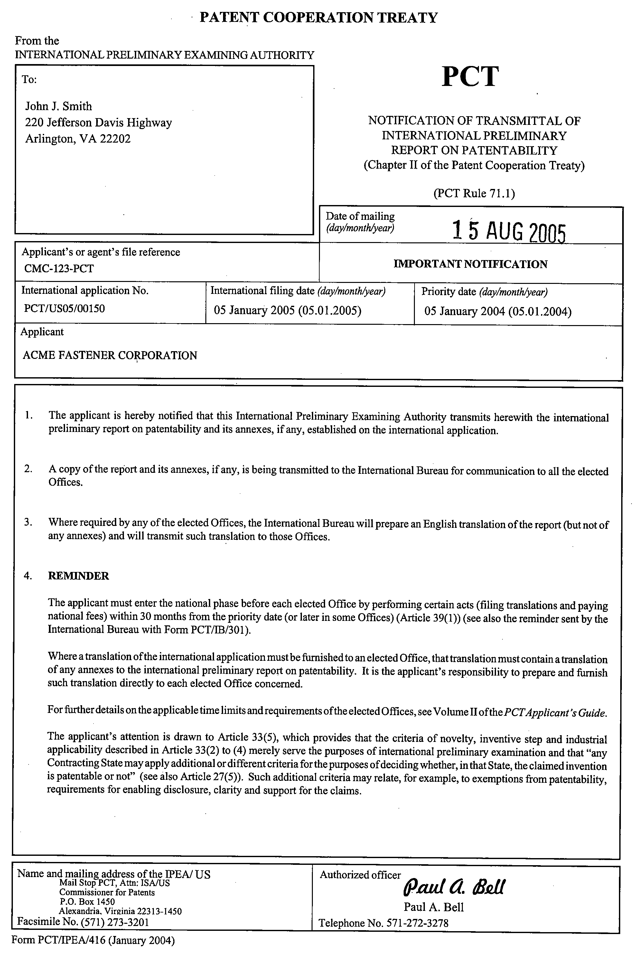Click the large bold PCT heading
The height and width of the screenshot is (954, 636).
click(x=470, y=77)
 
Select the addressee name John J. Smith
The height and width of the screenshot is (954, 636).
click(x=59, y=106)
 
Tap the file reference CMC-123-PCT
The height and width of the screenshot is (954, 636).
click(x=59, y=268)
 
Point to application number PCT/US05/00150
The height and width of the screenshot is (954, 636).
click(x=64, y=309)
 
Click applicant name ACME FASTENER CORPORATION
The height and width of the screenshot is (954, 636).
click(x=110, y=355)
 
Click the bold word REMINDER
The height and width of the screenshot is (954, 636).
click(x=79, y=576)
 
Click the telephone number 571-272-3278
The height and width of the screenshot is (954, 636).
click(x=417, y=923)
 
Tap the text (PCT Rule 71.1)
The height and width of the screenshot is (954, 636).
click(x=474, y=193)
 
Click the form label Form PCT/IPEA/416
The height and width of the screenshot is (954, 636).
click(x=93, y=940)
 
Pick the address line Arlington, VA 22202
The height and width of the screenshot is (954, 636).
click(x=78, y=139)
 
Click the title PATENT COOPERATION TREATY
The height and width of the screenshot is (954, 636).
click(x=319, y=18)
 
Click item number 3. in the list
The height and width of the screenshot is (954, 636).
click(x=28, y=522)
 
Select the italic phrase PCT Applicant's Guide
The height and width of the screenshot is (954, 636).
click(x=555, y=713)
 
